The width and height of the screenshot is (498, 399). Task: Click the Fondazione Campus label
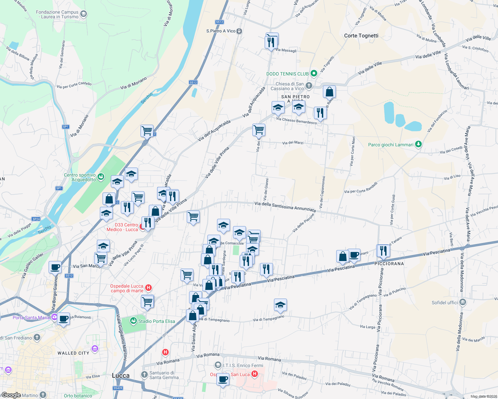pos(57,14)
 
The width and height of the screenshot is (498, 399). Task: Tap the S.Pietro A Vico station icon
pos(239,31)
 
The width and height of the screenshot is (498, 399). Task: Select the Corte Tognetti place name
pos(361,36)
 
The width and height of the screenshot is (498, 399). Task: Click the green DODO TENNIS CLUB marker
pos(314,73)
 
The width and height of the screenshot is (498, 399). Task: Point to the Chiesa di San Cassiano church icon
pos(309,86)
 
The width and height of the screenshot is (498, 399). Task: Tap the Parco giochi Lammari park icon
pos(419,144)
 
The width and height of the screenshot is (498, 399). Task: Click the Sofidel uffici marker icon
pos(462,302)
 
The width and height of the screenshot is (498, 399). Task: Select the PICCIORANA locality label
pos(389,264)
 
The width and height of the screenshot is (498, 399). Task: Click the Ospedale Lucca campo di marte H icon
pos(149,287)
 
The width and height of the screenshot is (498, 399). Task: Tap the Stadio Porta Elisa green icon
pos(133,321)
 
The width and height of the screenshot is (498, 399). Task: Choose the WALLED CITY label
pos(73,353)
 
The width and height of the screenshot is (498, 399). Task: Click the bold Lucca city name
pos(121,375)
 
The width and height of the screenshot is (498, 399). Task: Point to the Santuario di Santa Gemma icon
pos(144,375)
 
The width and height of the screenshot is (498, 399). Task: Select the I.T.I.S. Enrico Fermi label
pos(243,365)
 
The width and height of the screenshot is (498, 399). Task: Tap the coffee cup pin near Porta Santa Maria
pos(63,319)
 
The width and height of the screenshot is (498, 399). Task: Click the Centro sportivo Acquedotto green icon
pos(101,177)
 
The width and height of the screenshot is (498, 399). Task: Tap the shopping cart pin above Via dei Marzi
pos(259,129)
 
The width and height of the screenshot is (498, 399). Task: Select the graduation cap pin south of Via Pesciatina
pos(280,305)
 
